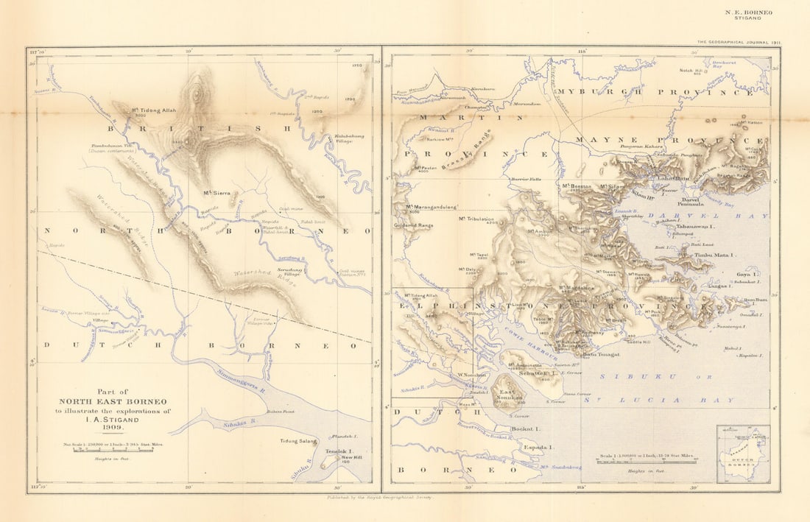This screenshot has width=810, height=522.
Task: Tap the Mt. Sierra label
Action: [x=217, y=193]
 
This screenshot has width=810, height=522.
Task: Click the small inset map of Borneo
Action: [x=743, y=454]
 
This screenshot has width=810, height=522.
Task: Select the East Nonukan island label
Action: [x=508, y=394]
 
